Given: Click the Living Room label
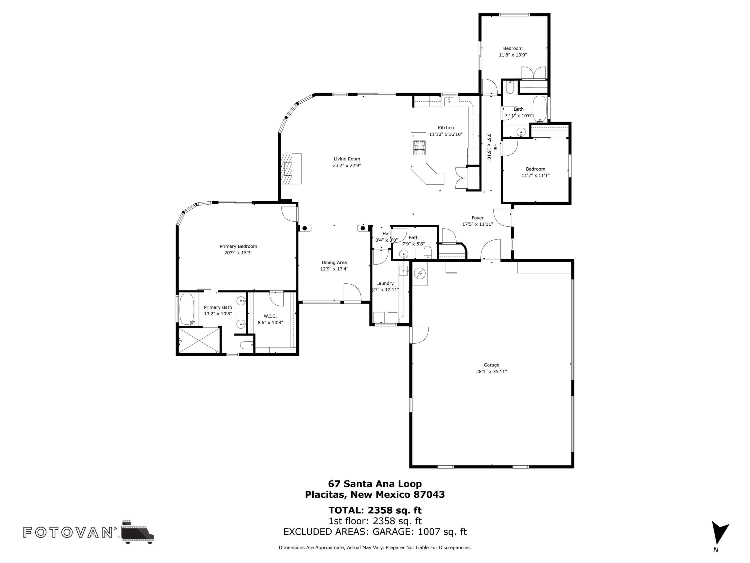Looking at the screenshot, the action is (x=346, y=159).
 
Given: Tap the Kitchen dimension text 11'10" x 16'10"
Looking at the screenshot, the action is (x=445, y=134).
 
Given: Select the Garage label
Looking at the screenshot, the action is (x=491, y=365).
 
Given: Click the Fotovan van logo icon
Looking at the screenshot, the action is (x=137, y=532).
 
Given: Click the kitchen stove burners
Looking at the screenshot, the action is (x=419, y=148).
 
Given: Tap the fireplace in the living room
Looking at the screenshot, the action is (x=290, y=169).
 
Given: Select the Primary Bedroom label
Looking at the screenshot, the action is (x=238, y=246).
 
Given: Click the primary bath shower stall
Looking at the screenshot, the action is (x=199, y=340).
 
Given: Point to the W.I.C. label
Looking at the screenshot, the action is (x=270, y=316).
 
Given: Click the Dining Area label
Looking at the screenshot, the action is (x=334, y=262).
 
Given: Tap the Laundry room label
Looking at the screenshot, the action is (x=385, y=283).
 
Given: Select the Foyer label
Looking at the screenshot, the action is (x=477, y=218).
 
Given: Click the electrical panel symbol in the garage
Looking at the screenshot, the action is (x=420, y=273).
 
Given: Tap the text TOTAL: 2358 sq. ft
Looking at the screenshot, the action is (x=375, y=510).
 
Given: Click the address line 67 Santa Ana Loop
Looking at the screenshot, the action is (x=375, y=484).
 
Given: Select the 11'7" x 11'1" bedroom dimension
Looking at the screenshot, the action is (x=535, y=175).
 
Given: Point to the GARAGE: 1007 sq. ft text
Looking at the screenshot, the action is (x=419, y=531).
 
